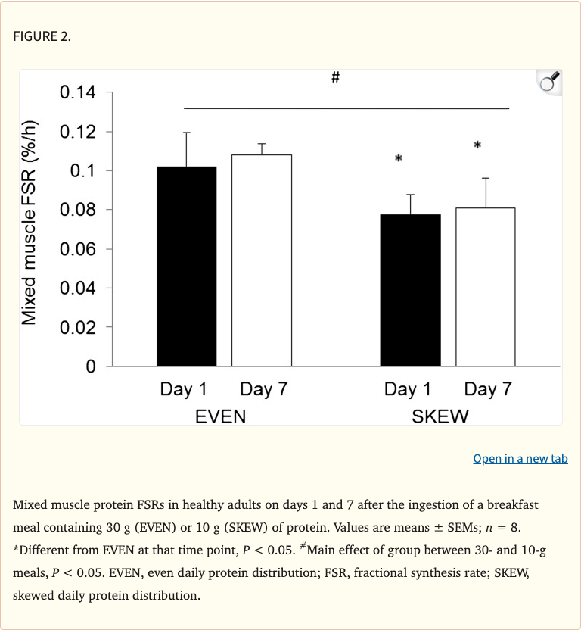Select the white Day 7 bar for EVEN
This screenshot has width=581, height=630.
pyautogui.click(x=261, y=260)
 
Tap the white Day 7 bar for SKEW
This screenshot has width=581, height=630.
pyautogui.click(x=485, y=287)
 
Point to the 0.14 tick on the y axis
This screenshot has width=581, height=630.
pyautogui.click(x=77, y=93)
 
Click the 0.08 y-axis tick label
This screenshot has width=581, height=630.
pyautogui.click(x=77, y=210)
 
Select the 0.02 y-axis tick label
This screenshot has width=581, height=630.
pyautogui.click(x=77, y=327)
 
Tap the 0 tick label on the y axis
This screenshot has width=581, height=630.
pyautogui.click(x=91, y=366)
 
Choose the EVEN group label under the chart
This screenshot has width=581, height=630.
pyautogui.click(x=220, y=416)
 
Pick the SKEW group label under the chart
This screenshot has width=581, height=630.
pyautogui.click(x=440, y=416)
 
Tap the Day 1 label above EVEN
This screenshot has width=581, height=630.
pyautogui.click(x=183, y=390)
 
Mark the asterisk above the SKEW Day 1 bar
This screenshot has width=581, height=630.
pyautogui.click(x=399, y=158)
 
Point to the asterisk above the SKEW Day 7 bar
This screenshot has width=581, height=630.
pyautogui.click(x=477, y=145)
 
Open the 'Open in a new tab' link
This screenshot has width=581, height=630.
pyautogui.click(x=520, y=459)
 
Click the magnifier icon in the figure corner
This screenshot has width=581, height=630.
pyautogui.click(x=548, y=82)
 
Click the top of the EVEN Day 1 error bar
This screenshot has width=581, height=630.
pyautogui.click(x=186, y=133)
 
